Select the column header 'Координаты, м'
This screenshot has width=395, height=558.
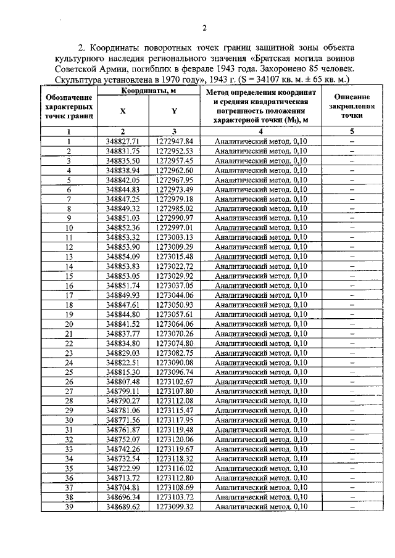point(148,91)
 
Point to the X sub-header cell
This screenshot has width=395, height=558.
point(122,112)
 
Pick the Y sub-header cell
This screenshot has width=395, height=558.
point(174,112)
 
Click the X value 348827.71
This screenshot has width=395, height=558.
point(123,141)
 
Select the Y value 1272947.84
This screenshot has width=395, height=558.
point(175,141)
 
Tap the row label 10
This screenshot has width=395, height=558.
point(69,227)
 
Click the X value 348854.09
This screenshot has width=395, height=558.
point(123,256)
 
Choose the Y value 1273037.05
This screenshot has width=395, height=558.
point(175,285)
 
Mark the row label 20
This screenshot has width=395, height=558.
point(69,324)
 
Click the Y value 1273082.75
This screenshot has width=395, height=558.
point(175,353)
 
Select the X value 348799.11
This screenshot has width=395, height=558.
point(123,391)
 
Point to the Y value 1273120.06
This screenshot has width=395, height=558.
point(175,439)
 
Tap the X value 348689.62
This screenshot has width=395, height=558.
point(123,506)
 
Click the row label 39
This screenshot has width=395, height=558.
point(69,506)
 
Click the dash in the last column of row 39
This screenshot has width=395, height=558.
point(352,506)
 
